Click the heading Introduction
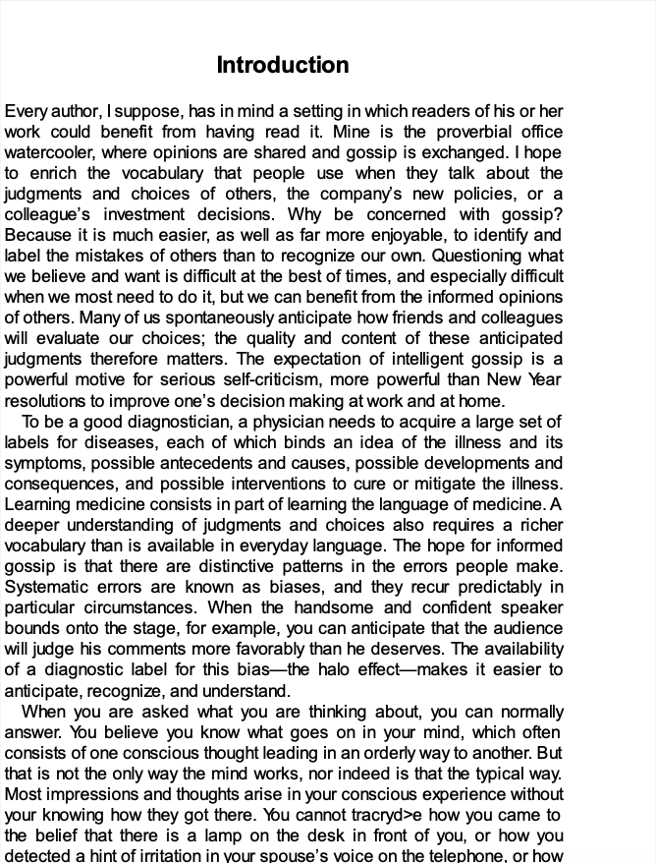pos(283,66)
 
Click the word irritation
pos(156,855)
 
